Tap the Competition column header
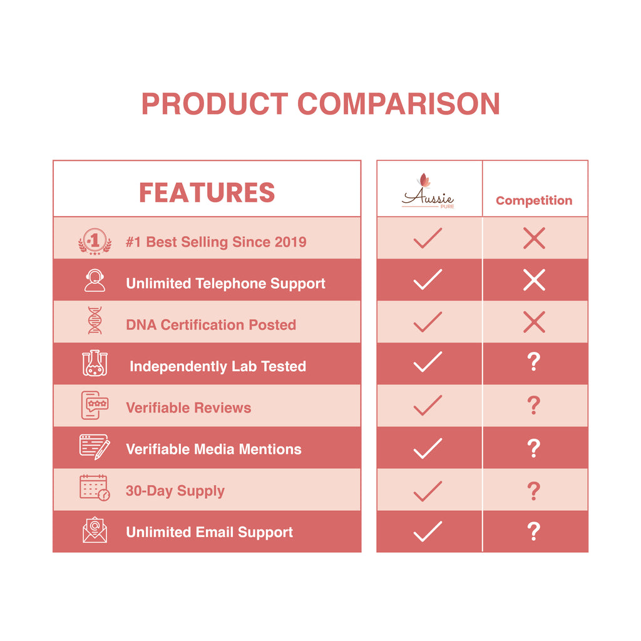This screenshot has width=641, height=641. coord(534,201)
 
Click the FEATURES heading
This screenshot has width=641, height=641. coord(207,193)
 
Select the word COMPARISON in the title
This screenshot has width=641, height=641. coord(399,104)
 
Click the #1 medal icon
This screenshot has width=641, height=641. coord(95,241)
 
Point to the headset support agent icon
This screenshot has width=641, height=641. coord(95,280)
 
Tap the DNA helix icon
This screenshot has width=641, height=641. coord(95,320)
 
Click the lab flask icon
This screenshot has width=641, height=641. coord(95,363)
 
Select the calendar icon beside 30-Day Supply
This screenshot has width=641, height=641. coord(95,488)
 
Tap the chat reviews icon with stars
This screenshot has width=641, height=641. coord(95,405)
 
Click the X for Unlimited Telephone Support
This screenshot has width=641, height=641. coord(534,280)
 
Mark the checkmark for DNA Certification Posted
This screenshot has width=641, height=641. coord(428,322)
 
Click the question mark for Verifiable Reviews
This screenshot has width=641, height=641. coord(534,405)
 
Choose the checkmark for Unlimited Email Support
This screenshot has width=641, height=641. coord(428,531)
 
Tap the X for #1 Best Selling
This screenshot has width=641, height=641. coord(534,238)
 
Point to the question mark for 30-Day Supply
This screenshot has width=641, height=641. coord(534,491)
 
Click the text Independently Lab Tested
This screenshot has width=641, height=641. coord(218,367)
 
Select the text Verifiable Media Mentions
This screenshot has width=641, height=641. coord(214,449)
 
